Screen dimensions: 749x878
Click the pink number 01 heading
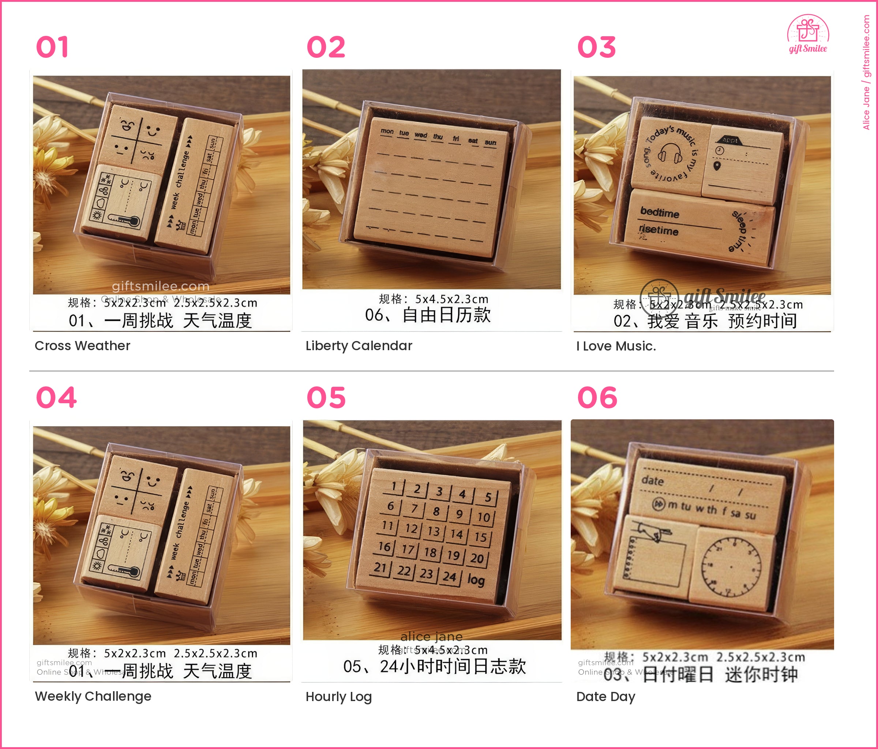coord(52,47)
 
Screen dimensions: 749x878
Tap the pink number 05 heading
coord(326,398)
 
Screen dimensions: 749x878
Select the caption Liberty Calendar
coord(359,346)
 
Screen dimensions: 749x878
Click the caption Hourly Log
coord(338,696)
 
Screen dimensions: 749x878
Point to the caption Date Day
coord(605,696)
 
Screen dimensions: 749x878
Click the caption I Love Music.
coord(616,346)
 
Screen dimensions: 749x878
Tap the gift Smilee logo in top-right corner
coord(808,34)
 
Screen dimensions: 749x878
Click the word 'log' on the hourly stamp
coord(476,580)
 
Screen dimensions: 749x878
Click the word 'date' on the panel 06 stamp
coord(652,481)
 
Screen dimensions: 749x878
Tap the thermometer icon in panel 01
coord(124,220)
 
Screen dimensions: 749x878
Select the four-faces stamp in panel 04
coord(136,491)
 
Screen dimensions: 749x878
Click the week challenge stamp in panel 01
coord(194,187)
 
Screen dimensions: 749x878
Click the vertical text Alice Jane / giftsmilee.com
coord(866,72)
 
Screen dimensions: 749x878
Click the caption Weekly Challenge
coord(93,696)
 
